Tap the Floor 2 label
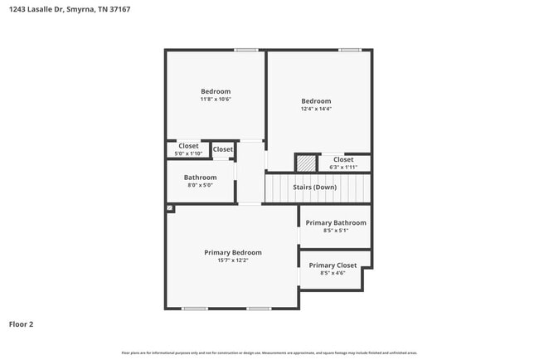21,324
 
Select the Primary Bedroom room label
233,252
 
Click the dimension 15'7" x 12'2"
233,260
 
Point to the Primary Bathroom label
336,223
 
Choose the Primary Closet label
333,265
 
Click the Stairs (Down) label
315,187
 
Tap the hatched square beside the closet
307,163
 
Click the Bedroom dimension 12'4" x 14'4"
316,109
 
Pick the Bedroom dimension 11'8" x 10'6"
216,100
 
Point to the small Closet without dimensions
223,149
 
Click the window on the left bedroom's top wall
245,50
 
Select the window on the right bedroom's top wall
349,50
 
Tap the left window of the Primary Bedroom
195,309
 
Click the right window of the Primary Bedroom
259,309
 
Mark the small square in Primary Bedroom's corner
169,208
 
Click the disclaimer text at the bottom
269,353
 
